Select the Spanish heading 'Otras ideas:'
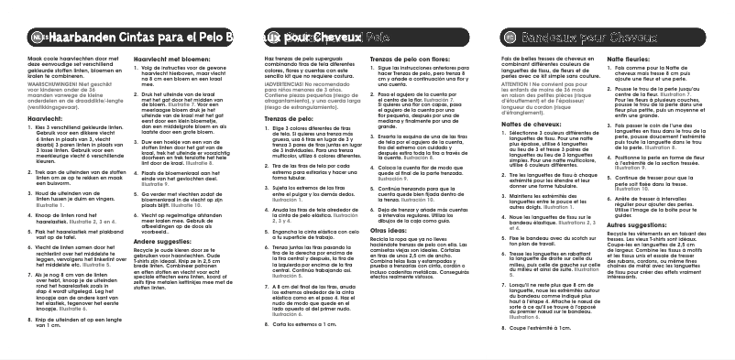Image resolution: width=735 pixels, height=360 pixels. click(389, 232)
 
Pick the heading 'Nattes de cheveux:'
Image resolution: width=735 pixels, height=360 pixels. click(537, 123)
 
